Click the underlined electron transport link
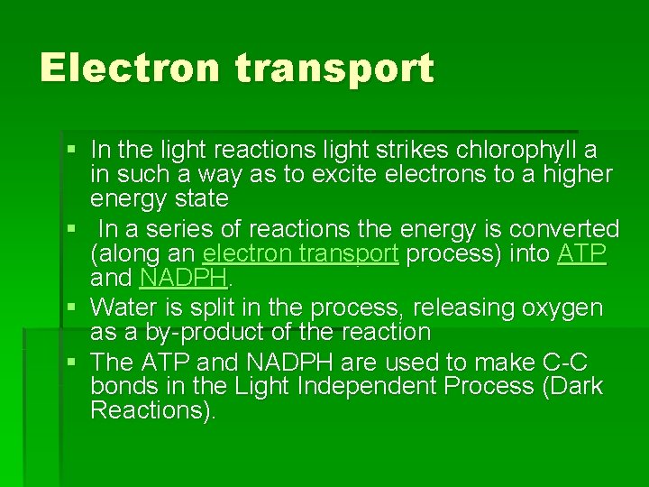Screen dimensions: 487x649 point(300,253)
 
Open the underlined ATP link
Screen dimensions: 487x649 point(581,253)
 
